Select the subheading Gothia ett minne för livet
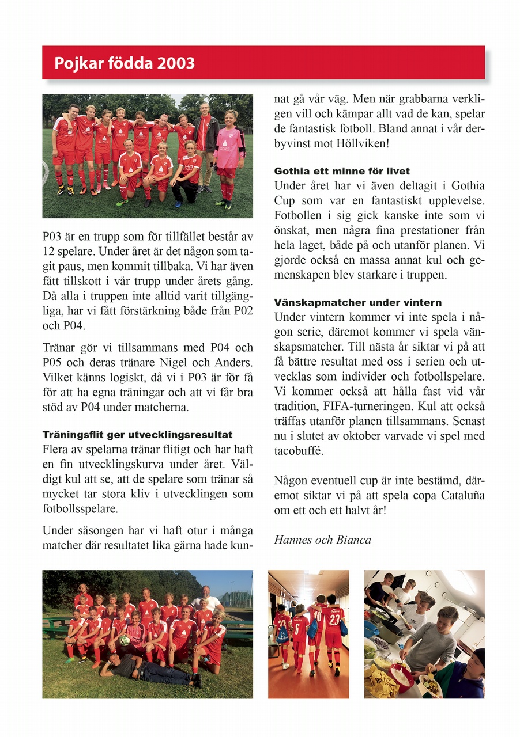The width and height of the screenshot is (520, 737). click(x=342, y=171)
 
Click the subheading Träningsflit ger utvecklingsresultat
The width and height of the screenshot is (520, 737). click(x=138, y=434)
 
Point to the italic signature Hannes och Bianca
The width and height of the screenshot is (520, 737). click(x=322, y=540)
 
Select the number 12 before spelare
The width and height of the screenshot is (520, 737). click(x=48, y=251)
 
